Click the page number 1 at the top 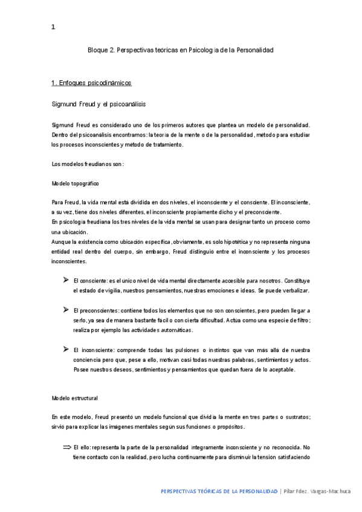[x=53, y=27]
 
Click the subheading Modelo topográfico [x=76, y=183]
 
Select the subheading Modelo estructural [x=75, y=398]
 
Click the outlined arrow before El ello [x=66, y=447]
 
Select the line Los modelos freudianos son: [x=88, y=164]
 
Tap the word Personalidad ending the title [x=254, y=50]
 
